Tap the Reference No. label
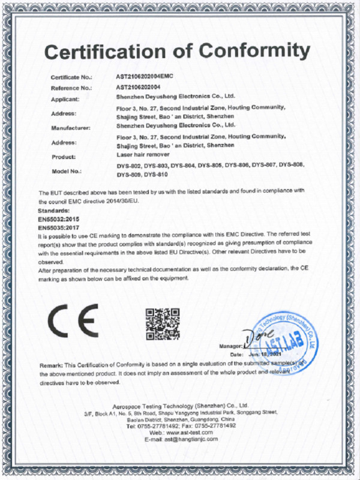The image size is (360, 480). click(x=71, y=88)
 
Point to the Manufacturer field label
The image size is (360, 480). click(x=71, y=128)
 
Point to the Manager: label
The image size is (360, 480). click(x=230, y=347)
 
